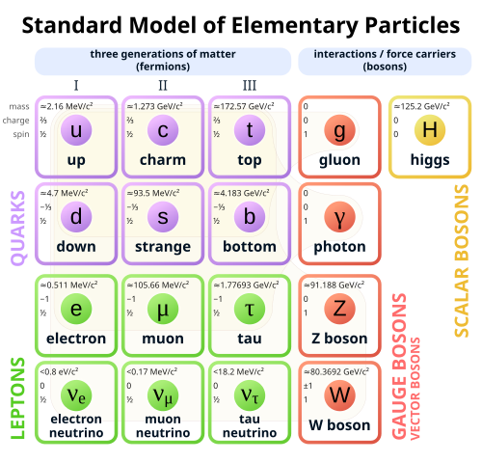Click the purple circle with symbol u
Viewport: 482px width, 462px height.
point(77,129)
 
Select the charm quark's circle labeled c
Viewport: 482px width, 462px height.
point(163,129)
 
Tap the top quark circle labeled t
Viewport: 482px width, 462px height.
point(249,129)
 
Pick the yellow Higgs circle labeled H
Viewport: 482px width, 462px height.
point(429,129)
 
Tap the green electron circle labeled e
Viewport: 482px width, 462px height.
point(77,308)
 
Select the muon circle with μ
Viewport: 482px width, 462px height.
point(163,308)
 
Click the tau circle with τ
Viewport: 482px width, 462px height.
point(249,308)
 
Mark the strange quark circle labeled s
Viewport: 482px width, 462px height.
point(163,217)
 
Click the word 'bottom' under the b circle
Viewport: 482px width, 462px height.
point(249,247)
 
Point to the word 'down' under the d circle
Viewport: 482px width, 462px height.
point(77,247)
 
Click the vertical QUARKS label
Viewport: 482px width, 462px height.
point(17,227)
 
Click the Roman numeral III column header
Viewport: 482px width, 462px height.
point(249,86)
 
